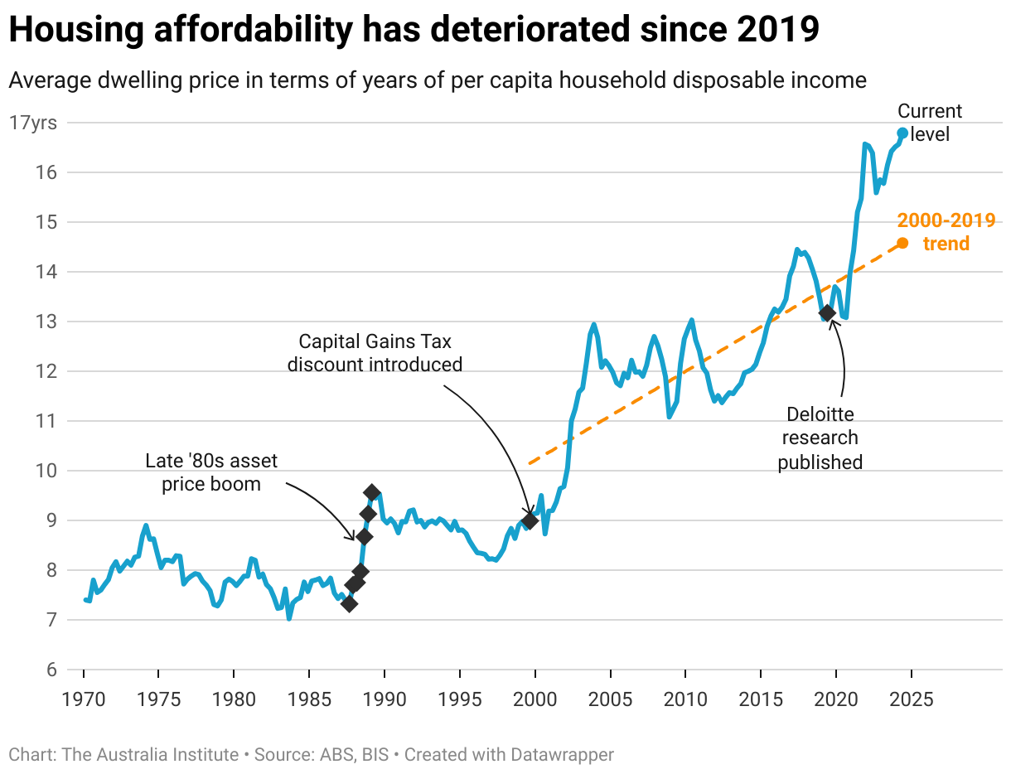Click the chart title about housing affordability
tap(414, 30)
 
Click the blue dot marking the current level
tap(902, 133)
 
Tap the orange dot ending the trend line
tap(902, 243)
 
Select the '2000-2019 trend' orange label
tap(946, 232)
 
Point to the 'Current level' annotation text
tap(931, 122)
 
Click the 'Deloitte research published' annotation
tap(820, 438)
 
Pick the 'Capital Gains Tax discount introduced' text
tap(375, 352)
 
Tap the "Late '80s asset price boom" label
tap(211, 472)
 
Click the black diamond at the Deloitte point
tap(826, 313)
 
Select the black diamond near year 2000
tap(530, 520)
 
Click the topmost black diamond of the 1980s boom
tap(372, 492)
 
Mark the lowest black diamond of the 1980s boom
tap(349, 603)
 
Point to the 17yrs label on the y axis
tap(33, 123)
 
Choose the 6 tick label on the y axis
tap(51, 670)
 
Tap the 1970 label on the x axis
tap(84, 699)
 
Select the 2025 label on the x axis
tap(912, 699)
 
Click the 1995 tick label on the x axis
tap(460, 699)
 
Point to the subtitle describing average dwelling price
tap(437, 80)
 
